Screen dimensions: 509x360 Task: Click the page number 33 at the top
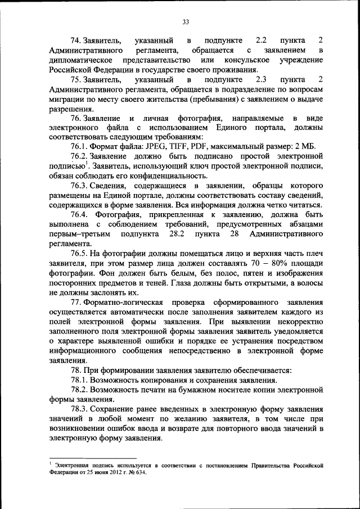(x=185, y=22)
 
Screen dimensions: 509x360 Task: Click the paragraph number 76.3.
(x=80, y=185)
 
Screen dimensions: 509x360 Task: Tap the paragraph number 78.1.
(x=80, y=381)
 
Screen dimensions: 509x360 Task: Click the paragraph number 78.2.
(x=80, y=390)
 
